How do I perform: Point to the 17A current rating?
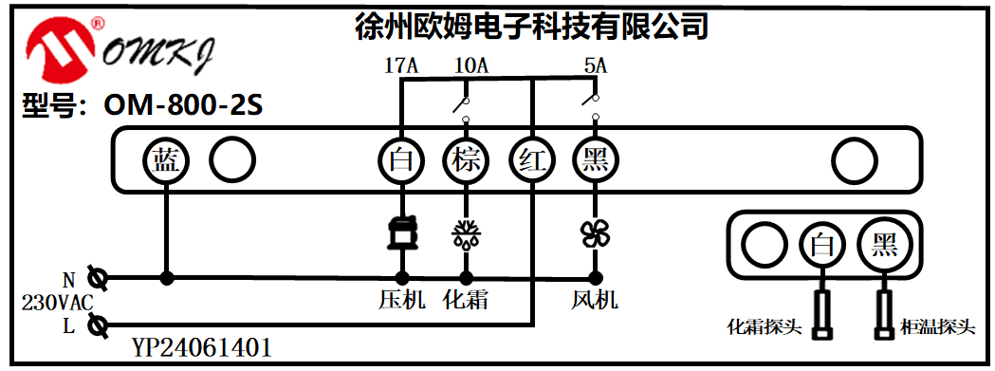[x=401, y=66]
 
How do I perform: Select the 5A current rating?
[x=595, y=66]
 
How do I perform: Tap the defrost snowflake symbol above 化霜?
[x=466, y=233]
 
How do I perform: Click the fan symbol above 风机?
[x=596, y=233]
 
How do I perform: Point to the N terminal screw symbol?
[x=96, y=279]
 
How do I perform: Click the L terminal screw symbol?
[x=96, y=326]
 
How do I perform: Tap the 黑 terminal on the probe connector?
[x=884, y=247]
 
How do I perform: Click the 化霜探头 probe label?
[x=765, y=328]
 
